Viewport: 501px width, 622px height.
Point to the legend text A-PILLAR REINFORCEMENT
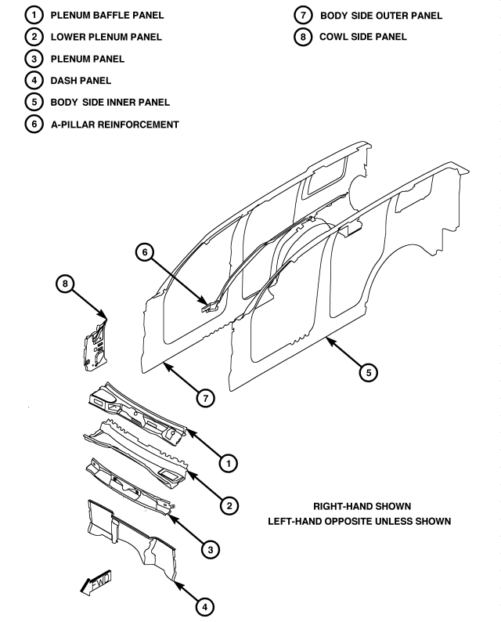click(114, 123)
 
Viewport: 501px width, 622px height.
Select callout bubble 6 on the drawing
click(142, 251)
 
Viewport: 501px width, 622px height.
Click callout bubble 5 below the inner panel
click(366, 372)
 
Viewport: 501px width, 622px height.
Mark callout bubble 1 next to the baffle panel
click(228, 465)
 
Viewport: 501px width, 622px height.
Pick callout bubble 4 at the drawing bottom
click(202, 605)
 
